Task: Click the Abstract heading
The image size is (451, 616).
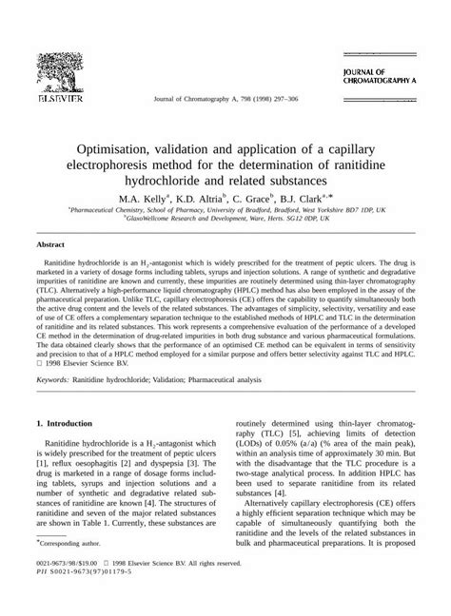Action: [49, 244]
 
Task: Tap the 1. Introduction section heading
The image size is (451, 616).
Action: [70, 450]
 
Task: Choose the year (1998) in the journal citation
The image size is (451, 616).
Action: [253, 99]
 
